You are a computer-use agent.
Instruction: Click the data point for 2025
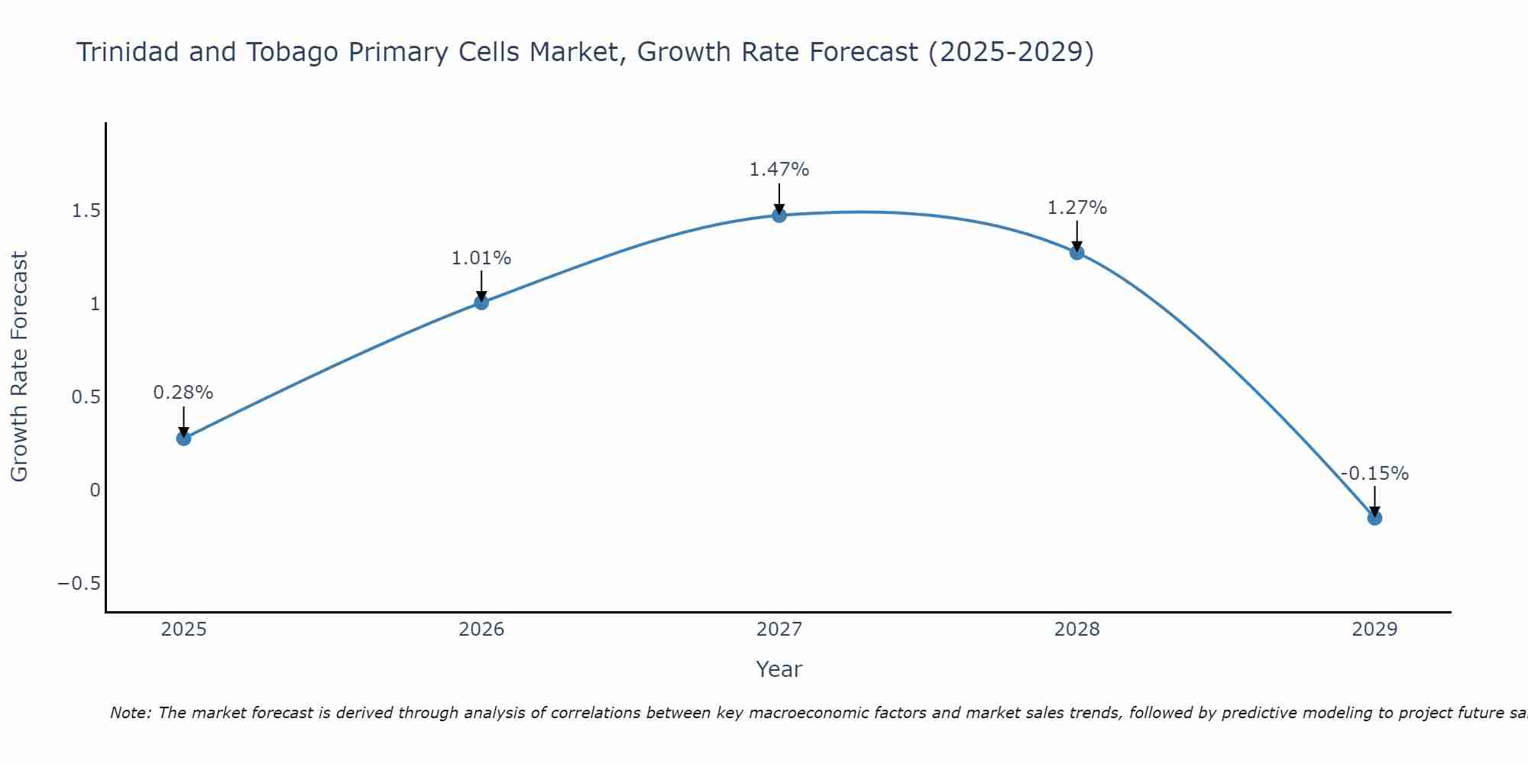tap(183, 438)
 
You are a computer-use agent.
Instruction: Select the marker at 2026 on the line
tap(481, 303)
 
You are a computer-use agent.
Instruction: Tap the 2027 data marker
tap(779, 215)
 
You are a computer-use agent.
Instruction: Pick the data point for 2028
tap(1077, 253)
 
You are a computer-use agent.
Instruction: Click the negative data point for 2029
tap(1374, 518)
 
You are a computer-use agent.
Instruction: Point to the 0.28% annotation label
tap(183, 393)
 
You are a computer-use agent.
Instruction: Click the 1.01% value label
tap(481, 258)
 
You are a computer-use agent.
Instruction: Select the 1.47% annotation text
tap(779, 170)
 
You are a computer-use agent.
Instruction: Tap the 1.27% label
tap(1077, 208)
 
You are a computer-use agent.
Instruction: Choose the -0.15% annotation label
tap(1374, 474)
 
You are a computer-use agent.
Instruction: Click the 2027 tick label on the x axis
tap(779, 630)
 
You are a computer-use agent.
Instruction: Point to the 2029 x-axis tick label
tap(1374, 630)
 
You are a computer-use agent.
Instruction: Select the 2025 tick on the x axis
tap(183, 630)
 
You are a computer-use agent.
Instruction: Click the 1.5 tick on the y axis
tap(86, 211)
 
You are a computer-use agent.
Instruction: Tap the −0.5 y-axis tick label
tap(79, 584)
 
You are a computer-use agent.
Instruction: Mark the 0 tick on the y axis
tap(95, 490)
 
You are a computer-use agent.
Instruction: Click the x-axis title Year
tap(779, 669)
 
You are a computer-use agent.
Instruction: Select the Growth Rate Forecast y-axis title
tap(19, 367)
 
